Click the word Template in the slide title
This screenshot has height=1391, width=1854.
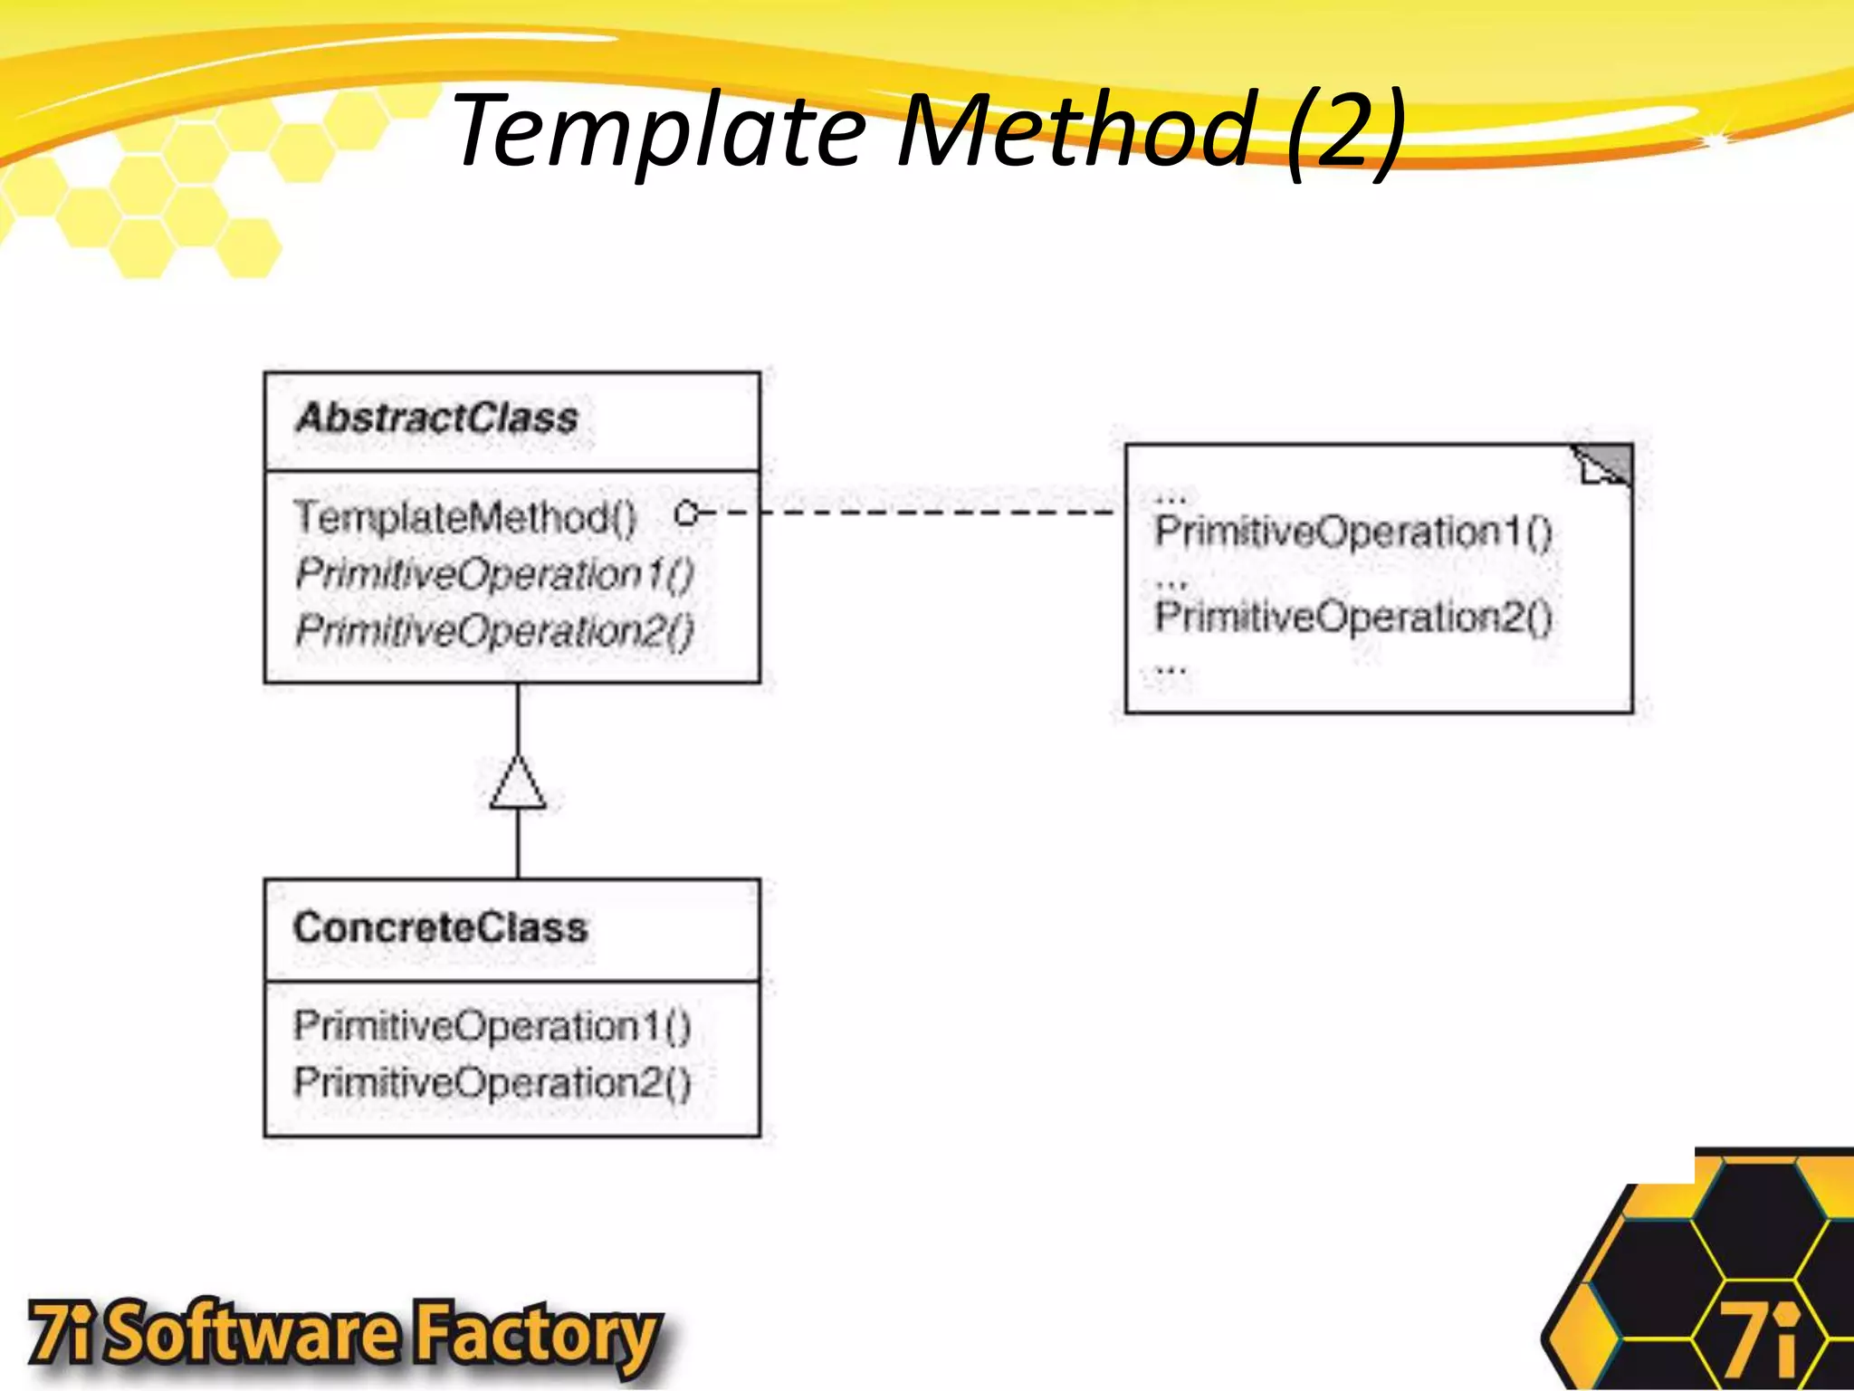(x=659, y=131)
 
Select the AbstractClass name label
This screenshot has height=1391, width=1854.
(x=436, y=418)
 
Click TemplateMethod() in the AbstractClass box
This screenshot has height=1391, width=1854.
(x=465, y=517)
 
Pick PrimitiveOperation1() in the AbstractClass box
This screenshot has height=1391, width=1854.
(x=494, y=574)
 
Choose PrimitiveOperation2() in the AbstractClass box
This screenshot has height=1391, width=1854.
(x=494, y=630)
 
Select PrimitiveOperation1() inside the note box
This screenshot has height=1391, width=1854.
(x=1352, y=532)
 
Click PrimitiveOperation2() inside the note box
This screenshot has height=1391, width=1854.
(x=1352, y=617)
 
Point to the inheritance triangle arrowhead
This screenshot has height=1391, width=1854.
(x=518, y=782)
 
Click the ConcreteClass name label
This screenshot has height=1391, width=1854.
(x=441, y=928)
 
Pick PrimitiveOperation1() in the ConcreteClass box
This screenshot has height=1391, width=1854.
(x=492, y=1026)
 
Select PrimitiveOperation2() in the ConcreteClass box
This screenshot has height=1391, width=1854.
(x=492, y=1082)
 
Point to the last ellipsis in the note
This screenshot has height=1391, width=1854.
(x=1171, y=670)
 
